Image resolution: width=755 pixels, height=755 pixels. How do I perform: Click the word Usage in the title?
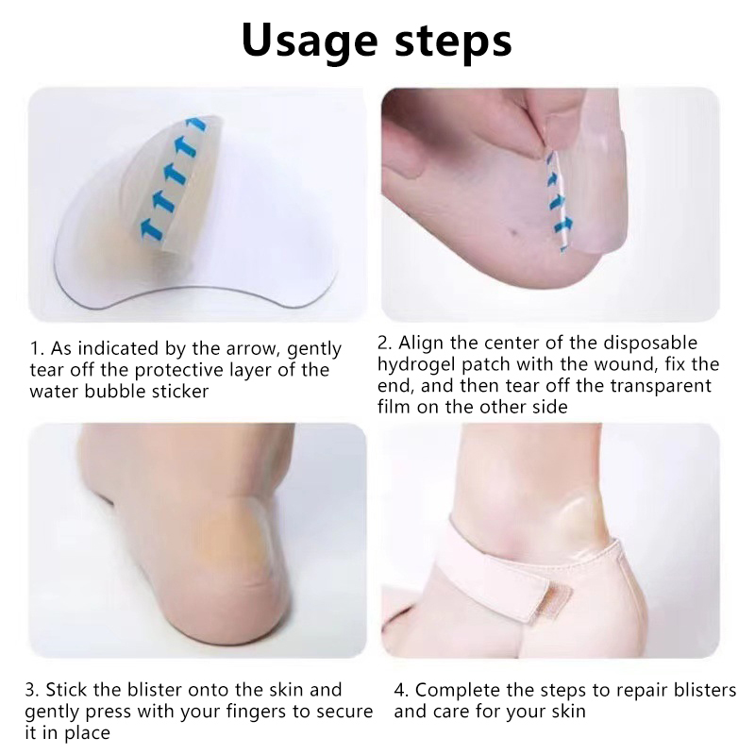click(310, 42)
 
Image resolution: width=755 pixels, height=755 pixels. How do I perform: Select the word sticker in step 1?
click(179, 391)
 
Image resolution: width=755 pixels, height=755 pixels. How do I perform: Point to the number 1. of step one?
click(38, 348)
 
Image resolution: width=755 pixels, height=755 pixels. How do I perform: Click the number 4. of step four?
click(402, 691)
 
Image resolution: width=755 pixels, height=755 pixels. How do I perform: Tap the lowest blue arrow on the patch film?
click(151, 226)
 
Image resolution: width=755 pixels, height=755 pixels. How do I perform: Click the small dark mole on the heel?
click(512, 232)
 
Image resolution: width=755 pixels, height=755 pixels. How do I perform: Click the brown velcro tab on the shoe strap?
click(545, 602)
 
